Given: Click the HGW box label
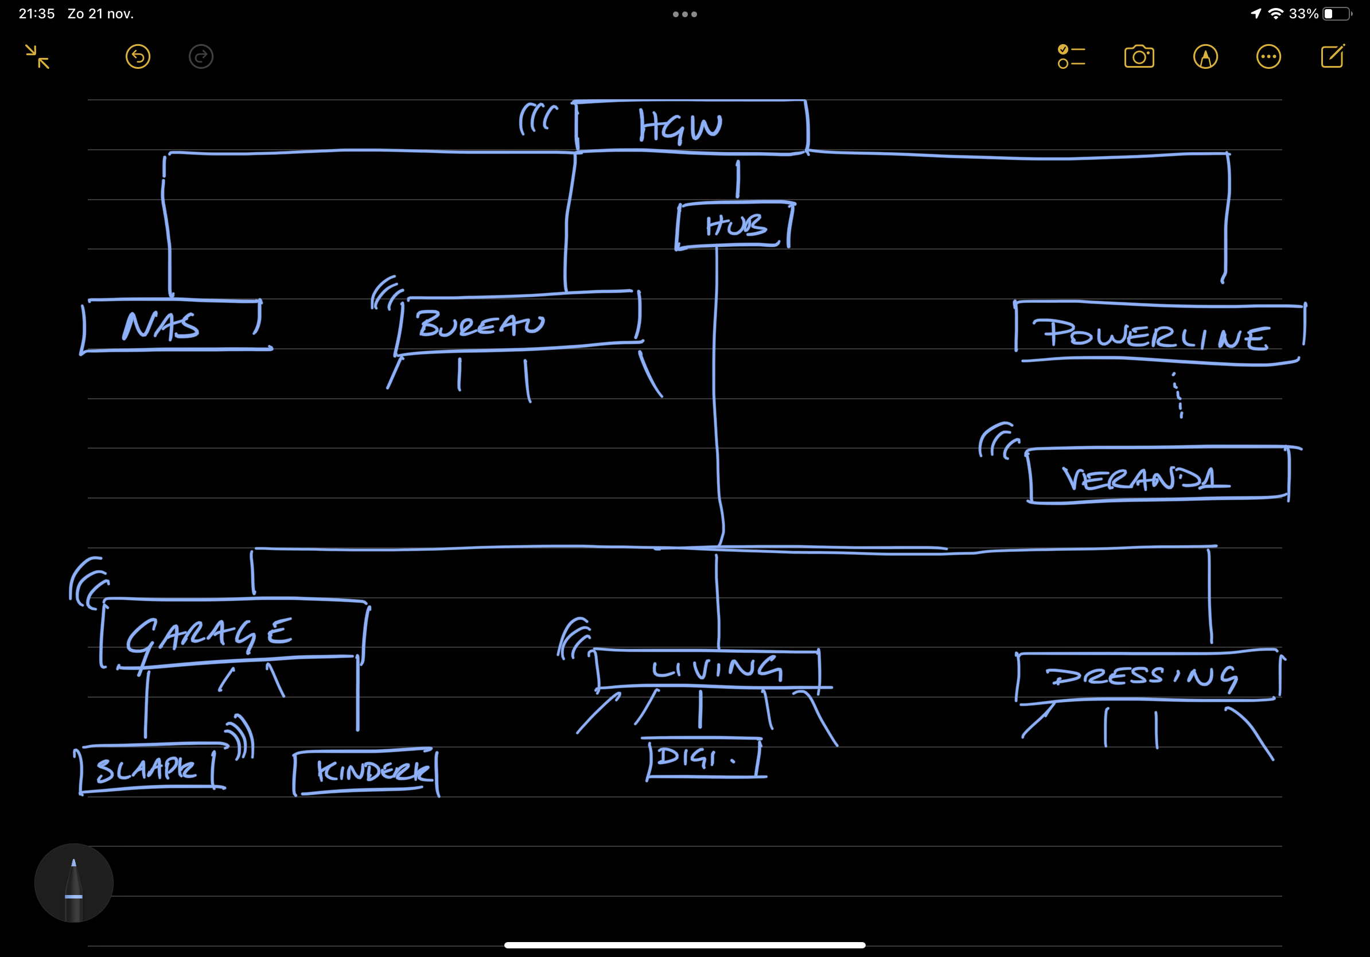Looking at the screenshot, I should coord(680,126).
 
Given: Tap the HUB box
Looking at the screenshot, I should coord(735,225).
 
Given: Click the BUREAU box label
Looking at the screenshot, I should coord(480,324).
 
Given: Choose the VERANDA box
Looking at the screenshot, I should coord(1146,477).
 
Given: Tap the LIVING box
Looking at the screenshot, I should coord(716,670).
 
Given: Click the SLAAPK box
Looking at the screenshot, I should coord(147,769).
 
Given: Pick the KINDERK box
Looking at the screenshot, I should coord(373,772).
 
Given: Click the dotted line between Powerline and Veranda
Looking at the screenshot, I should coord(1178,395).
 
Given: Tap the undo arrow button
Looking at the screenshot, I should coord(138,57).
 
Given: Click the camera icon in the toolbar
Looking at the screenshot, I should coord(1139,57).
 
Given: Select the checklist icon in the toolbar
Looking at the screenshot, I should coord(1071,57).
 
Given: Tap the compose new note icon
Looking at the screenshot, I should coord(1332,57).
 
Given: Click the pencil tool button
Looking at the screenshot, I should coord(74,883).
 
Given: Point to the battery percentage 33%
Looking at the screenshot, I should coord(1303,14).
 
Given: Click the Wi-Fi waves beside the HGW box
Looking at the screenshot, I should coord(537,118).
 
